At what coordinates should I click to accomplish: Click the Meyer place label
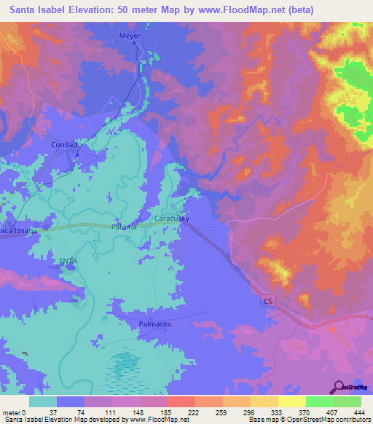[129, 35]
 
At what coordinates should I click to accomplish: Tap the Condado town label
[65, 145]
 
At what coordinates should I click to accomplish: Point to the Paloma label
[124, 227]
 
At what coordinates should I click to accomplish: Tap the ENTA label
[68, 260]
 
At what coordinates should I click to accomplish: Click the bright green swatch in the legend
[320, 401]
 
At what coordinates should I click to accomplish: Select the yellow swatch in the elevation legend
[292, 401]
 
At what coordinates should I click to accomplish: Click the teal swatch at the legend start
[43, 401]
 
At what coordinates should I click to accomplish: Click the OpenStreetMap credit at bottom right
[334, 420]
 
